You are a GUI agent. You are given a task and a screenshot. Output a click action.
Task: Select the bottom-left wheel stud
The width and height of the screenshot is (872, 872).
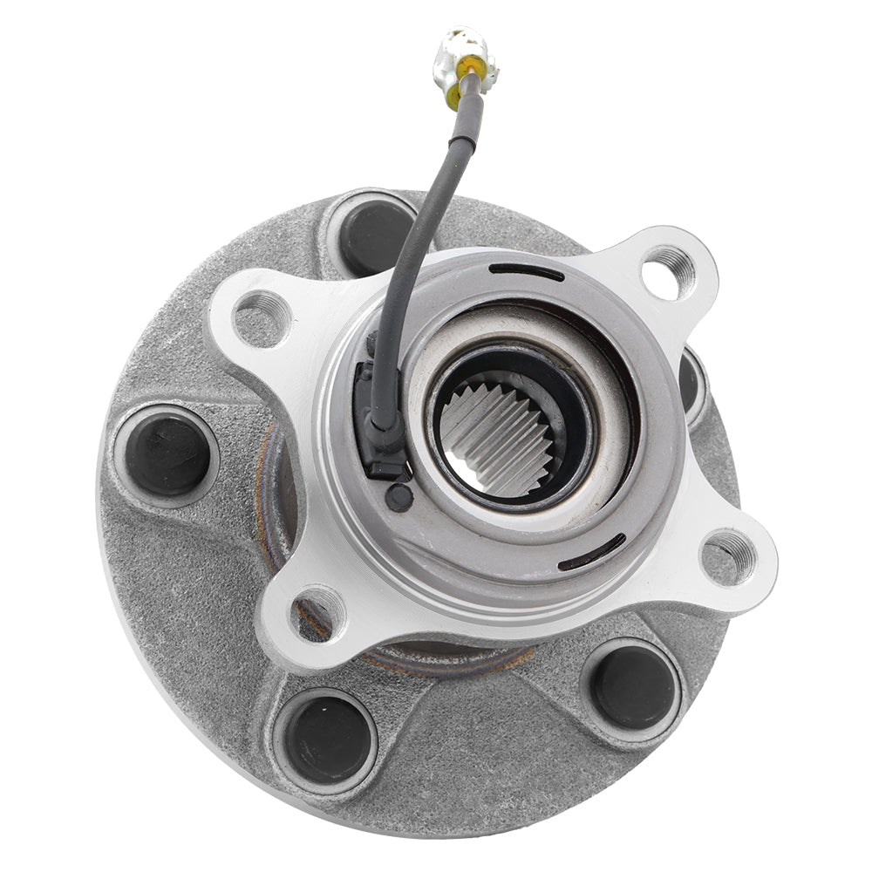(x=325, y=739)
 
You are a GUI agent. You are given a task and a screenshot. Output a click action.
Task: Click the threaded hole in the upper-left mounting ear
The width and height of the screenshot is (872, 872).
(x=262, y=317)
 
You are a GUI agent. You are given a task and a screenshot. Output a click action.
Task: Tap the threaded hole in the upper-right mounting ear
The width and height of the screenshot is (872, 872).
(x=670, y=272)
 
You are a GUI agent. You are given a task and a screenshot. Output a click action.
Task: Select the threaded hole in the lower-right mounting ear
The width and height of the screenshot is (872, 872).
(x=729, y=556)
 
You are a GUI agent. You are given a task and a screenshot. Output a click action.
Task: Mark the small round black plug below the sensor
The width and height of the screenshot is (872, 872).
(x=400, y=497)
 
